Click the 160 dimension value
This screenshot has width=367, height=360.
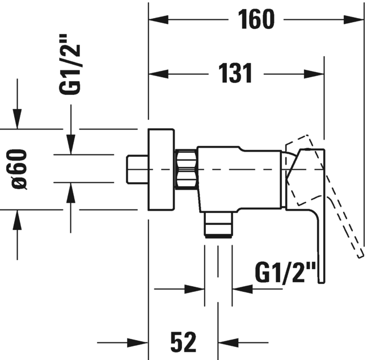[256, 20]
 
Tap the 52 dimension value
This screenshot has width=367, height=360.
[183, 342]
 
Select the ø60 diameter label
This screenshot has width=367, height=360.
[19, 169]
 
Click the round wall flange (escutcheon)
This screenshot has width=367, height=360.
[162, 169]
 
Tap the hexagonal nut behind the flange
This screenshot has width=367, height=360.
[186, 169]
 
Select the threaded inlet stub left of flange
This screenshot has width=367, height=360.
[137, 169]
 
